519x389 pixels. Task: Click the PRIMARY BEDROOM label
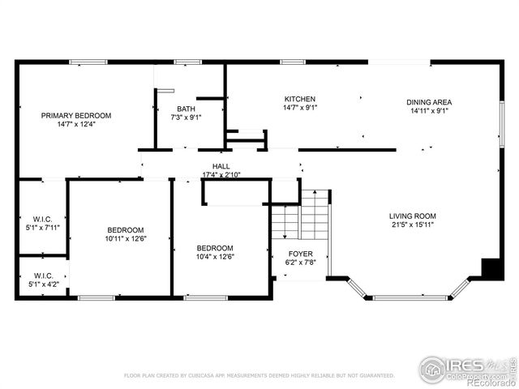(x=76, y=116)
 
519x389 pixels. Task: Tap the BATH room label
(x=187, y=109)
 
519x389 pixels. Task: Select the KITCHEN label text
(x=299, y=99)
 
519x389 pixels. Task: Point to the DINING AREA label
(x=429, y=102)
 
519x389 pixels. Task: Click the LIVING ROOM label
(x=412, y=216)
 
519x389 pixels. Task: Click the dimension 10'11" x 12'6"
(x=125, y=239)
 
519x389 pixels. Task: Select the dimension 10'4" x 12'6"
(x=215, y=257)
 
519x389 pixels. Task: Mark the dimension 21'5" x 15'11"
(x=412, y=224)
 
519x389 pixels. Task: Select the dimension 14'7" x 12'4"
(x=76, y=125)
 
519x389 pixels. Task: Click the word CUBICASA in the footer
(x=209, y=376)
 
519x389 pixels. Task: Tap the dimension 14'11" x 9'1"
(x=429, y=111)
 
